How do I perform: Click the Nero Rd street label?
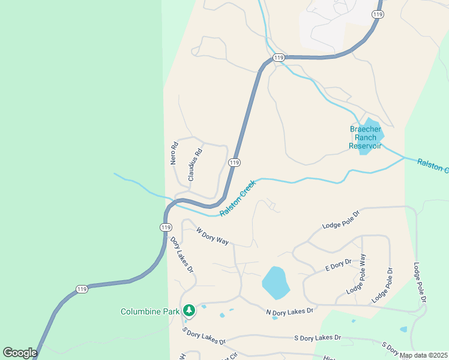click(x=174, y=153)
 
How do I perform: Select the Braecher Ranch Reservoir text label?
click(x=366, y=137)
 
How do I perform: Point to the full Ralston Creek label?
click(x=238, y=198)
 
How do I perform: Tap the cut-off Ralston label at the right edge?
click(x=433, y=165)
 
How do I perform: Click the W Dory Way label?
click(x=212, y=235)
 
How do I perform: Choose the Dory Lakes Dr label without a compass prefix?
click(x=182, y=255)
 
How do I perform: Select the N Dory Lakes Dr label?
click(x=290, y=311)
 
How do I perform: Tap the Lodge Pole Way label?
click(x=356, y=274)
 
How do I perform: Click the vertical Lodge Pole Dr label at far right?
click(x=420, y=282)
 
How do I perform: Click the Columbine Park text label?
click(x=150, y=311)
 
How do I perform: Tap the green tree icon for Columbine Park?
click(x=189, y=310)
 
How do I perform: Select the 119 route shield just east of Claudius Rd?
click(x=234, y=163)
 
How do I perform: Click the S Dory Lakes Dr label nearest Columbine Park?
click(x=205, y=337)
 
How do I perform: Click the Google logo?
click(x=20, y=353)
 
